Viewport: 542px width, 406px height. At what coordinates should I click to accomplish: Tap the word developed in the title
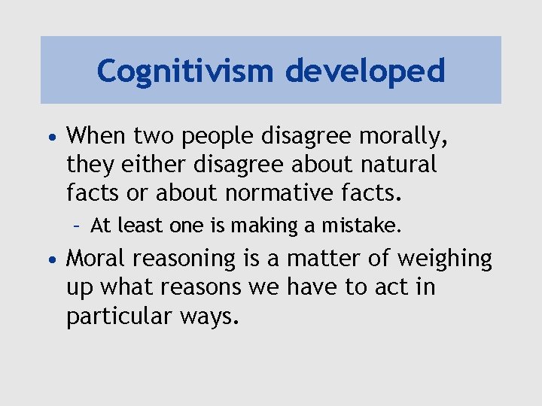tap(365, 71)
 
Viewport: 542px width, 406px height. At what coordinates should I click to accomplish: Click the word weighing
tap(444, 259)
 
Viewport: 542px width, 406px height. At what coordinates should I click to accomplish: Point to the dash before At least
tap(78, 226)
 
